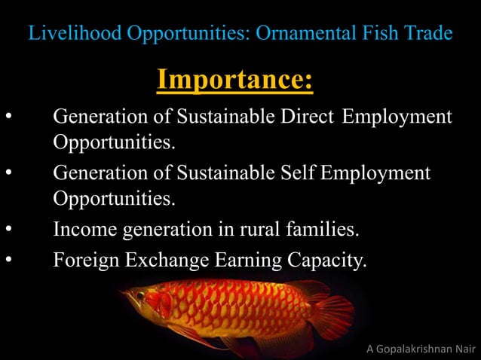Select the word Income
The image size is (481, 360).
pyautogui.click(x=82, y=230)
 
